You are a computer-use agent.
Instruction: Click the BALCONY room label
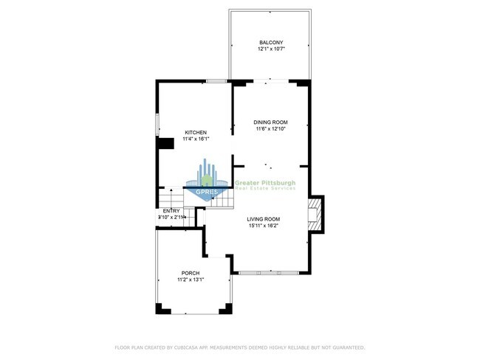click(x=270, y=42)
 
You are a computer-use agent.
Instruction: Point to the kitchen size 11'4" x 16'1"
click(x=196, y=139)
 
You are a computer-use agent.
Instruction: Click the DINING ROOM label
click(x=270, y=122)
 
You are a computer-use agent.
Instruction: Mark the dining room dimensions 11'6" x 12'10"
click(x=270, y=129)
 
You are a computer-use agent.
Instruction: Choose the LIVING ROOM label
click(x=263, y=219)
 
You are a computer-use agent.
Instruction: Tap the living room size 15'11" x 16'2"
click(x=263, y=226)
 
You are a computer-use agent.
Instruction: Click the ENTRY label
click(x=171, y=211)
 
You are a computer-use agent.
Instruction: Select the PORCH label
click(x=191, y=273)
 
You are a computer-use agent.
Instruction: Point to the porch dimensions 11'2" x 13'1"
click(x=191, y=280)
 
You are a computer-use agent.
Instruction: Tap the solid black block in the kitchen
click(x=165, y=143)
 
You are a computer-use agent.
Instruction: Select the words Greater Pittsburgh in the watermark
click(x=264, y=181)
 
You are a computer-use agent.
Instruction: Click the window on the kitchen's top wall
click(x=216, y=80)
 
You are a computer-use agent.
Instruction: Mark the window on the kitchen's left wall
click(x=157, y=125)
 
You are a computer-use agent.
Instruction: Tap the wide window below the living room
click(x=270, y=273)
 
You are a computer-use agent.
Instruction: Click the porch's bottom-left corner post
click(x=160, y=308)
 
